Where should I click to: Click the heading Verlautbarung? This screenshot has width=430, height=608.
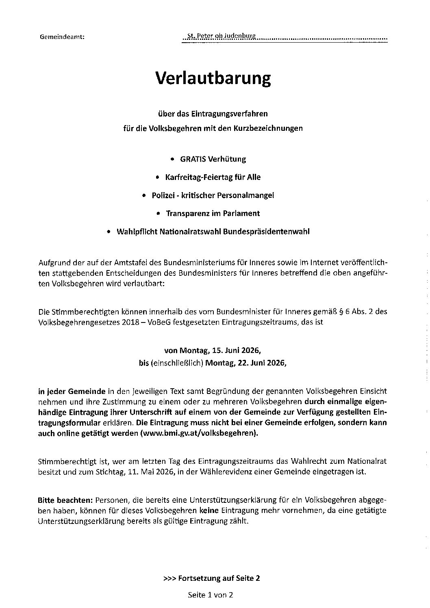point(213,78)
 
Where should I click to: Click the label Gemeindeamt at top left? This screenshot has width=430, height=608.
point(63,37)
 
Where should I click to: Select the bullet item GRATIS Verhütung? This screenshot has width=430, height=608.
point(213,159)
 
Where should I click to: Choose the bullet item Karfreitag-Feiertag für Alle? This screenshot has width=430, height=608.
point(213,177)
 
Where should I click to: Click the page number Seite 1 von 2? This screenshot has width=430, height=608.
point(210,595)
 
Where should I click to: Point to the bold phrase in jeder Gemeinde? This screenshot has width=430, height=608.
point(72,392)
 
